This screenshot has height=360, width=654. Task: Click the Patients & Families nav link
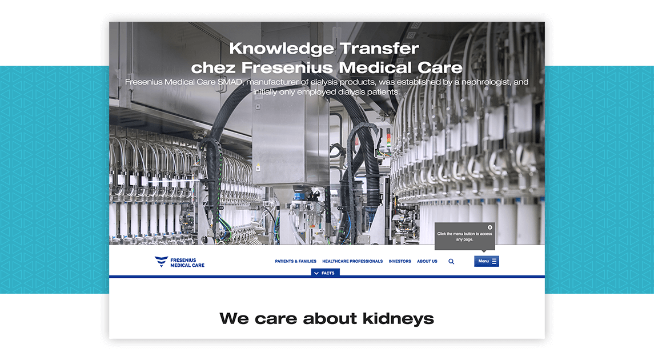[295, 262]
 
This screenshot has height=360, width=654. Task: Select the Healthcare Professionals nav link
[352, 262]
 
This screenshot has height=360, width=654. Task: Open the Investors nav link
[400, 262]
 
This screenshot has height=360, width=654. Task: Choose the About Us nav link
[427, 262]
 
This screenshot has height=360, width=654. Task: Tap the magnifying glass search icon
[451, 262]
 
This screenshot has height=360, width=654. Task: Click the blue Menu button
[486, 261]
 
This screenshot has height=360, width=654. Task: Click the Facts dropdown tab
[326, 273]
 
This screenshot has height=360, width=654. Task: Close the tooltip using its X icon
[490, 227]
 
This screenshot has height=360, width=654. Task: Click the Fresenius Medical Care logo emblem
[162, 261]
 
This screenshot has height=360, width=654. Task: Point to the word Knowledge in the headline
[282, 49]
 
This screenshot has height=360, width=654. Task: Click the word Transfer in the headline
[379, 49]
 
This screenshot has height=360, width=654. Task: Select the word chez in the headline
[214, 67]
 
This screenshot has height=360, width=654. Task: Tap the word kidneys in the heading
[398, 319]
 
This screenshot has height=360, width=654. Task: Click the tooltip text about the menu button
[464, 237]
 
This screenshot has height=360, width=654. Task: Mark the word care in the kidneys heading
[276, 319]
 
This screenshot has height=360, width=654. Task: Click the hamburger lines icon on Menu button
[494, 261]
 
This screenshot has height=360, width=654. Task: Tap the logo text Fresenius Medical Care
[187, 262]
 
